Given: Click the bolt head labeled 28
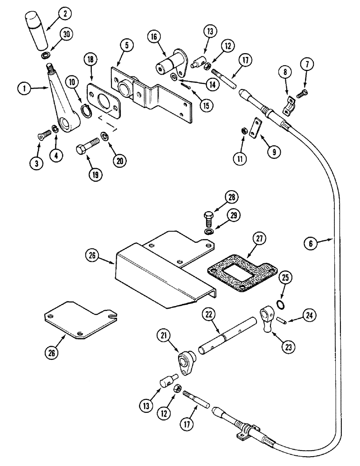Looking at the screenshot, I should point(208,217).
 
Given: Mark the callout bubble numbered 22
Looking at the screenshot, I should point(210,315).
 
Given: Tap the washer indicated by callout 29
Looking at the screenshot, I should point(208,232).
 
